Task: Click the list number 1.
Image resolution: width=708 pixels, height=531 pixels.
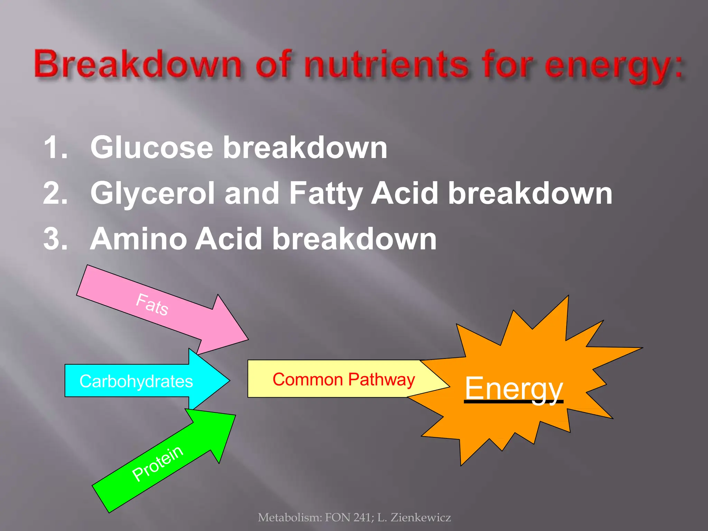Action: tap(55, 148)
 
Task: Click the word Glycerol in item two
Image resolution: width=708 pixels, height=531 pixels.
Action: tap(152, 194)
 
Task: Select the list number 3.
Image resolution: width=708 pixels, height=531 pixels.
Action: tap(55, 239)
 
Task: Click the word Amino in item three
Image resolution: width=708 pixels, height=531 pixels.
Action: tap(138, 239)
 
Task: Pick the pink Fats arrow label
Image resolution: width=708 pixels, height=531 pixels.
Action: tap(152, 304)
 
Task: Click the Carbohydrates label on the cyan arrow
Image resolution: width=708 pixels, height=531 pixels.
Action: tap(136, 381)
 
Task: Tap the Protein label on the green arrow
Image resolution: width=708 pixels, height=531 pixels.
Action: tap(158, 463)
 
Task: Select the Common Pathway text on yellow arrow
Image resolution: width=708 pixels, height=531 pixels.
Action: tap(344, 379)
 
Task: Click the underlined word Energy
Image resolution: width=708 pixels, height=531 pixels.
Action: tap(514, 388)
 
